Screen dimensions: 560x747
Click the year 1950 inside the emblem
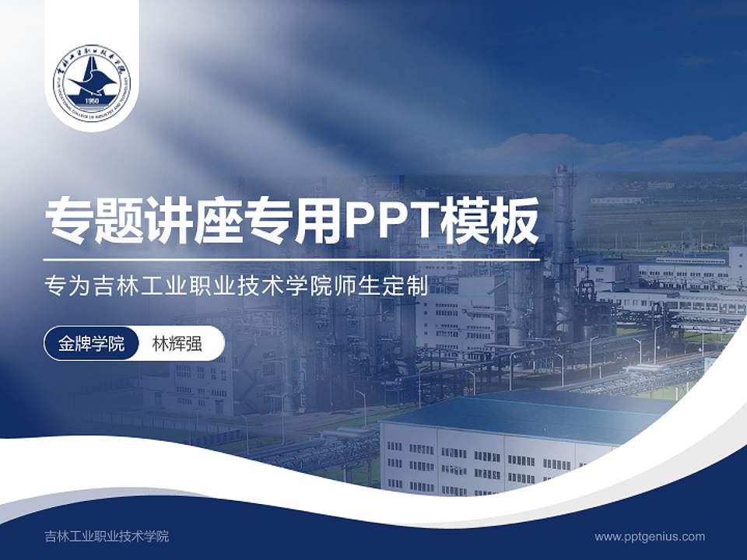click(x=92, y=101)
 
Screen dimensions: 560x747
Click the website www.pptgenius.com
click(x=650, y=536)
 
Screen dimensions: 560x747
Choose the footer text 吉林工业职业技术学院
click(x=107, y=536)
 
